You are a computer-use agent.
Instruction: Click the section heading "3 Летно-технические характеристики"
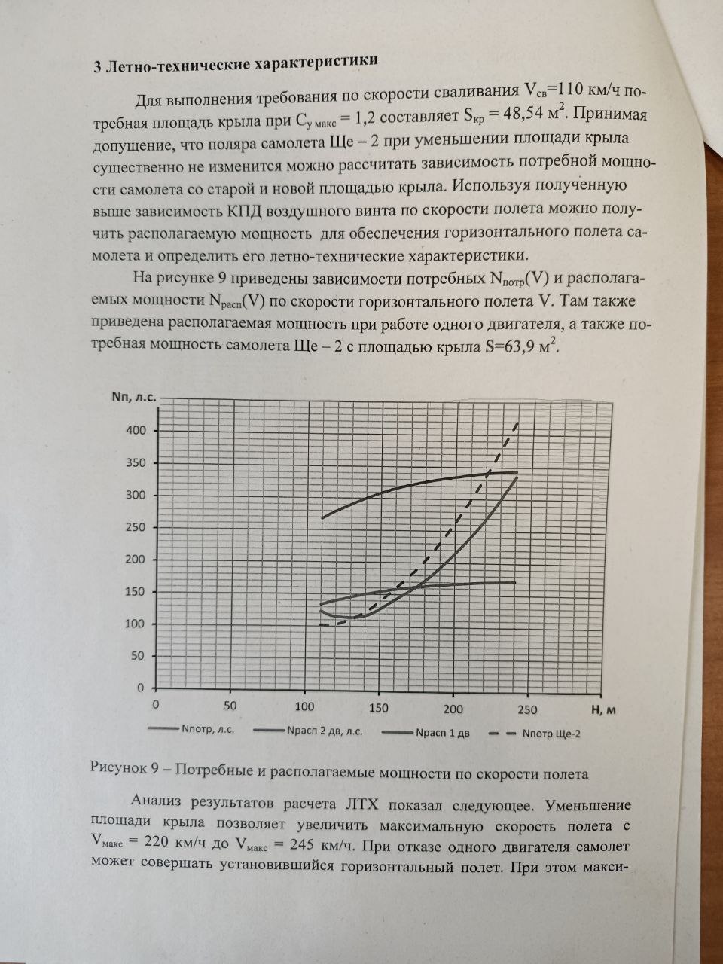click(234, 63)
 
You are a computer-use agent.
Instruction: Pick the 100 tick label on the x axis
click(305, 707)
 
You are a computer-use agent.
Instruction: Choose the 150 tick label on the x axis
click(379, 707)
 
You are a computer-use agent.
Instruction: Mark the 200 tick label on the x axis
click(453, 708)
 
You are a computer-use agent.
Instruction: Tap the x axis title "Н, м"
click(604, 710)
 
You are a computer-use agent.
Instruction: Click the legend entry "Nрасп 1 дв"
click(442, 732)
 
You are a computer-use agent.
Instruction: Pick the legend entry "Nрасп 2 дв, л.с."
click(325, 731)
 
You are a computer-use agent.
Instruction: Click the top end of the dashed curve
click(517, 424)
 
